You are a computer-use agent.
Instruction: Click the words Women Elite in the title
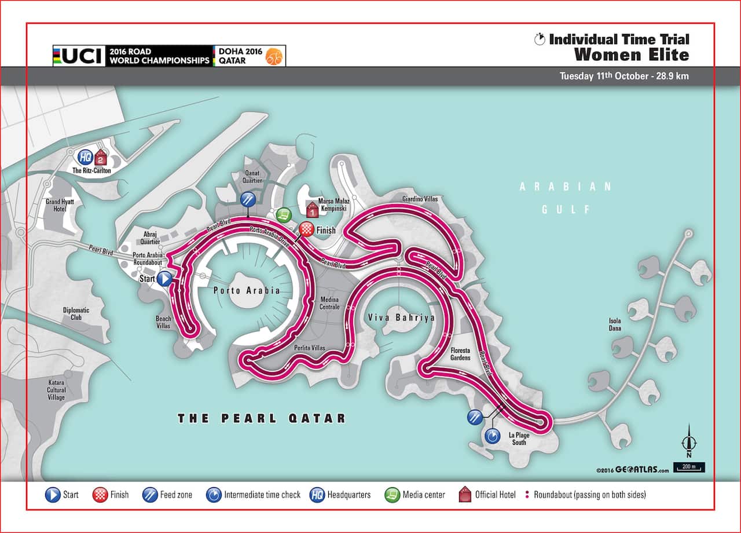pos(632,55)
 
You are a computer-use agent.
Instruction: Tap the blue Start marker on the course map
pos(165,279)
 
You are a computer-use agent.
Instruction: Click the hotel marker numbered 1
pos(313,209)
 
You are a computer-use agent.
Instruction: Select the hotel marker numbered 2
pos(101,156)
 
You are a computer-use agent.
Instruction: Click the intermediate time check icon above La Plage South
pos(492,436)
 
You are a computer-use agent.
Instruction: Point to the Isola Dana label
pos(614,325)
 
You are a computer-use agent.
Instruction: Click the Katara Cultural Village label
pos(57,390)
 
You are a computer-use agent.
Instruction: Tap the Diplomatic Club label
pos(76,313)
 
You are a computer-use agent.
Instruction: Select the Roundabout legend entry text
pos(590,495)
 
